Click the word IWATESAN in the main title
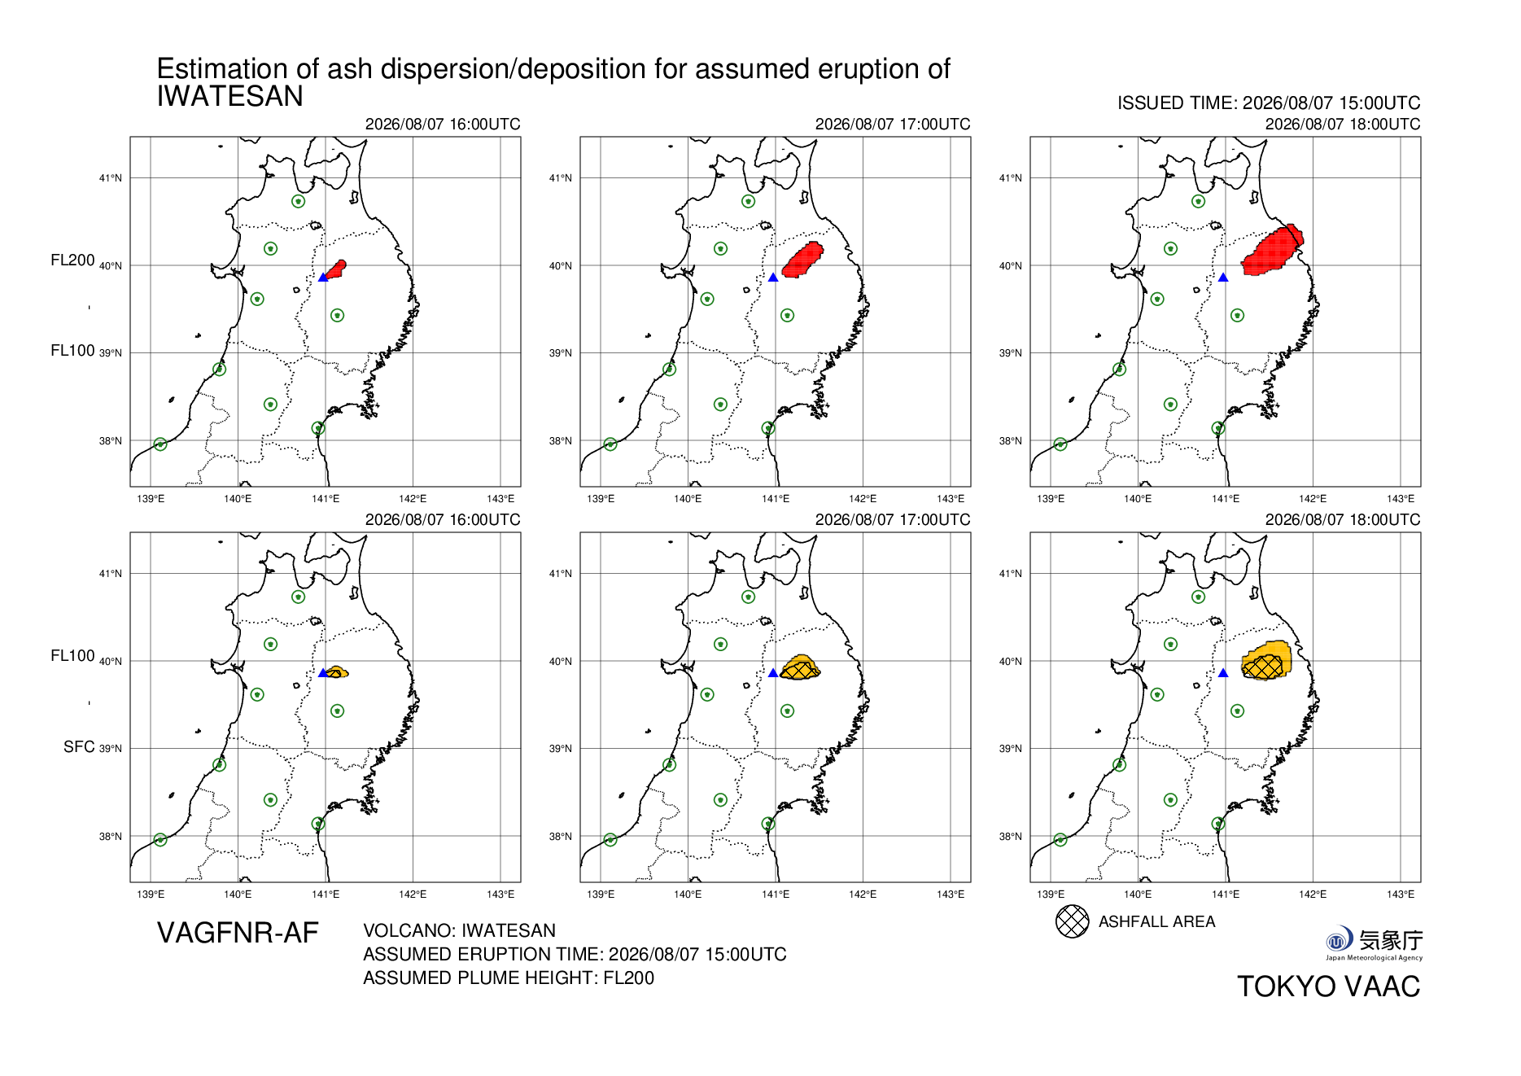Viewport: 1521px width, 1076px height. point(229,96)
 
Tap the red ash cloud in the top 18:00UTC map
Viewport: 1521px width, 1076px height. point(1272,250)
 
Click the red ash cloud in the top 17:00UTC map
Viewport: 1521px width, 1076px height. point(803,260)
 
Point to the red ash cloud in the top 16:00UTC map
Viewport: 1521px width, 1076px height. point(334,269)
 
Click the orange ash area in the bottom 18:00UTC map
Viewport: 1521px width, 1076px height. point(1267,660)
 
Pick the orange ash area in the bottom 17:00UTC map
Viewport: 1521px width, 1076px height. point(800,667)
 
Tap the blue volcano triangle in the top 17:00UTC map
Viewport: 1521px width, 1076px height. point(773,278)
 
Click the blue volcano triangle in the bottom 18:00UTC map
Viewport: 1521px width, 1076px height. point(1223,673)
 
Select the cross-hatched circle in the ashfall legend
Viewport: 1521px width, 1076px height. point(1072,921)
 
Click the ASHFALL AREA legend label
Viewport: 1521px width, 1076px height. point(1156,921)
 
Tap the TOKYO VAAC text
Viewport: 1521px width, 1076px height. point(1328,986)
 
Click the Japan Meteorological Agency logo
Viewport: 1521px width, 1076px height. point(1375,943)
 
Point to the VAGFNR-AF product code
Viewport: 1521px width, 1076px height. point(238,933)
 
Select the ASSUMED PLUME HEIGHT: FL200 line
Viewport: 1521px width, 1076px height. point(509,978)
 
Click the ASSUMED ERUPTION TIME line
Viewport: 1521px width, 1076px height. point(575,954)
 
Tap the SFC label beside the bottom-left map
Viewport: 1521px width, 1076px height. point(79,746)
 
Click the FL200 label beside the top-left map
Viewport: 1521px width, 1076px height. point(72,260)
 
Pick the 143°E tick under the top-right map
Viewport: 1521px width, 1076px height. point(1401,499)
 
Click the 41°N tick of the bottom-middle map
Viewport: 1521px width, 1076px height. point(561,574)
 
